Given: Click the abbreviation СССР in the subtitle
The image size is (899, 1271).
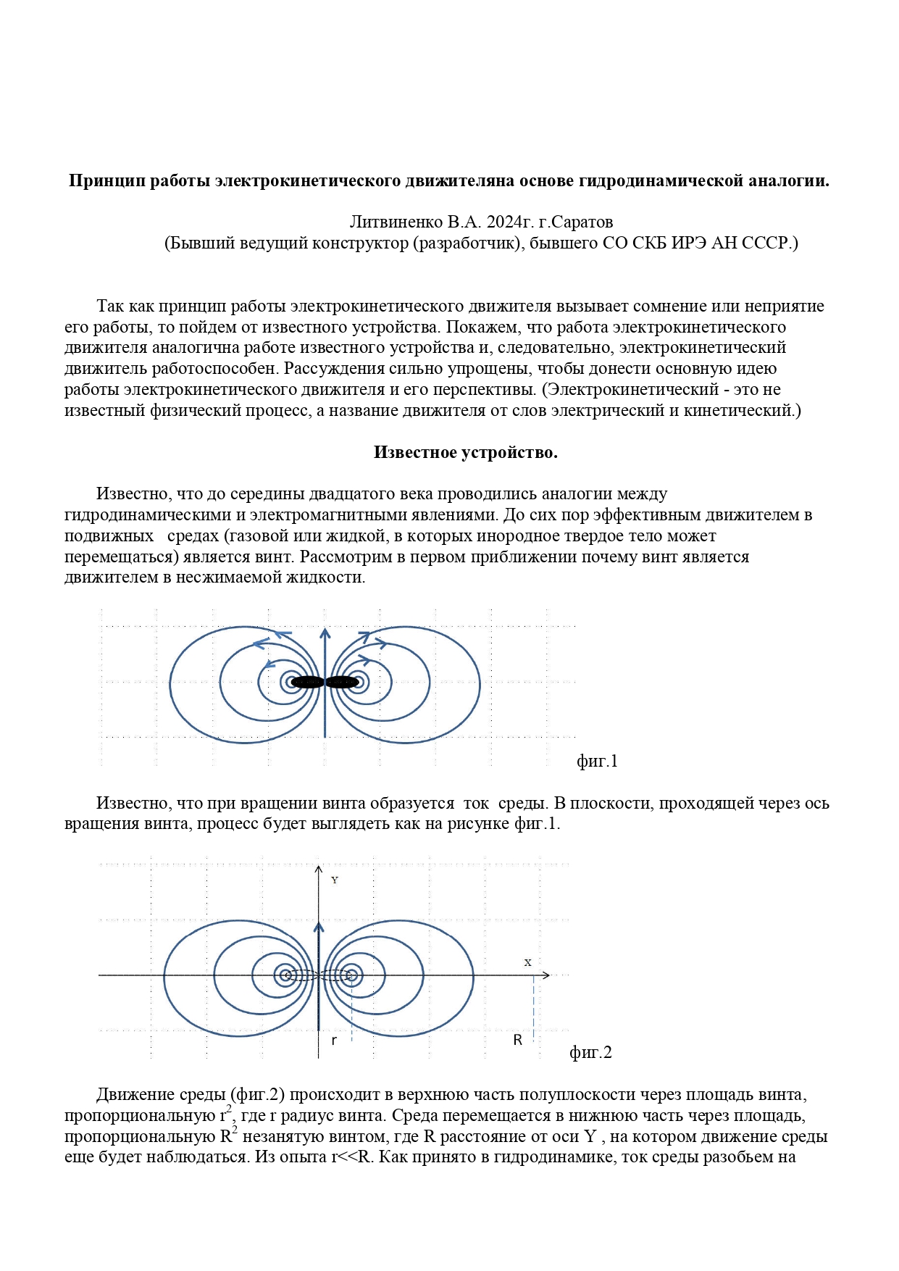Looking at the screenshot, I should coord(772,243).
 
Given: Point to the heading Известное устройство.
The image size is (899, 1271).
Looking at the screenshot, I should coord(465,452).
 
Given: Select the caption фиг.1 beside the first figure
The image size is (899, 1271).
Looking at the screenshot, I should coord(597,761).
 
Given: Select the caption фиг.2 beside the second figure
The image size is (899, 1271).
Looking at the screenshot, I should coord(590,1052).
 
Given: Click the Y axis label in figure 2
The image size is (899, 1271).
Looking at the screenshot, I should coord(335,880).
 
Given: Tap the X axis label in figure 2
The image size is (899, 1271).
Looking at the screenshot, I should coord(527,962).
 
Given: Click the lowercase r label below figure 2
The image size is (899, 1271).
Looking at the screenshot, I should coord(334,1041).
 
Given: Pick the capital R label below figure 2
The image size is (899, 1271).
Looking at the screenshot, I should coord(518,1040).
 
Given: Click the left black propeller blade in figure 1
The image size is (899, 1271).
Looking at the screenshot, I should coord(307,682).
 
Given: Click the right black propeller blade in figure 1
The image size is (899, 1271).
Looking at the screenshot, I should coord(342,682).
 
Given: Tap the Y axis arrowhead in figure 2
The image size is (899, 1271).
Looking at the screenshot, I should coord(318,870).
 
